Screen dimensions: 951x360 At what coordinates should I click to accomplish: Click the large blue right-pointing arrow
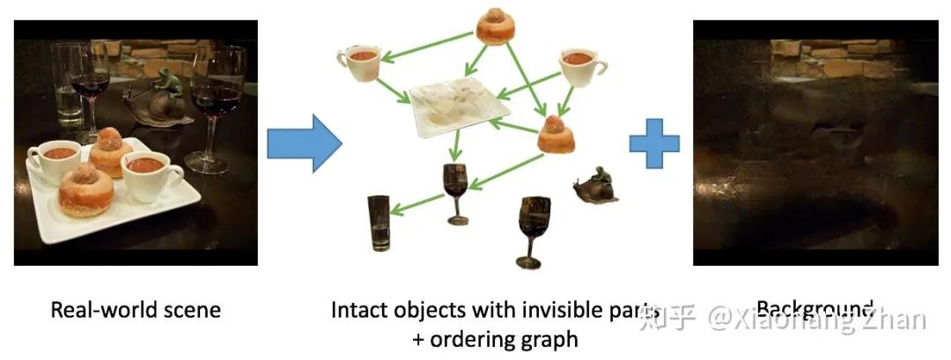click(303, 143)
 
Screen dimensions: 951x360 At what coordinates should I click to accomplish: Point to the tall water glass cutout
click(379, 222)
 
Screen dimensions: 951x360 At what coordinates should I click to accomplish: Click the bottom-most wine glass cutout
click(534, 228)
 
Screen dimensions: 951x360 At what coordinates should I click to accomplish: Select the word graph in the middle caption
click(555, 338)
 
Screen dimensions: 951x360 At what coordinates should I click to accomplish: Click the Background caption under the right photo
click(815, 310)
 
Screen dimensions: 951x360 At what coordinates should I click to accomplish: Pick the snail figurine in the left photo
click(163, 99)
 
